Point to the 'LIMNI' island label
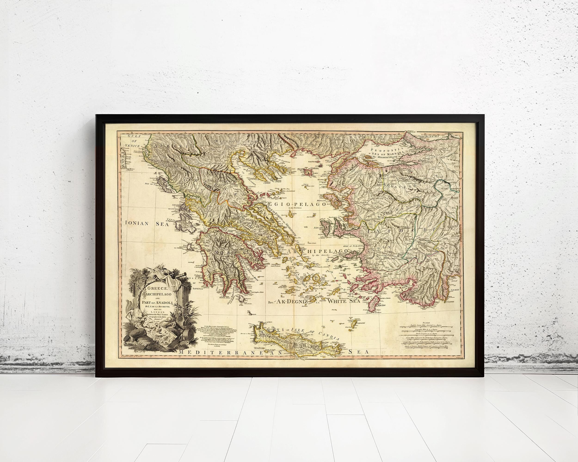point(317,173)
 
